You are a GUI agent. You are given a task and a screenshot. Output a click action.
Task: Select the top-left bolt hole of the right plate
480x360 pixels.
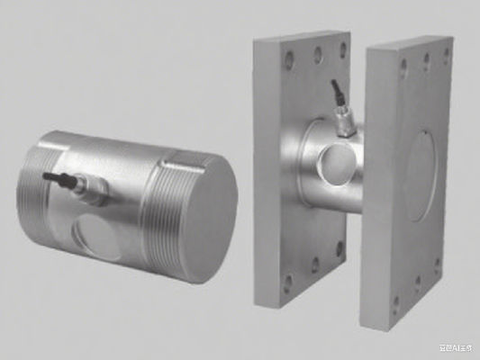tap(402, 65)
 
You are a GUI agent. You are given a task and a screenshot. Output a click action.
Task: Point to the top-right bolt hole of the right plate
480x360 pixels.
tap(445, 56)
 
